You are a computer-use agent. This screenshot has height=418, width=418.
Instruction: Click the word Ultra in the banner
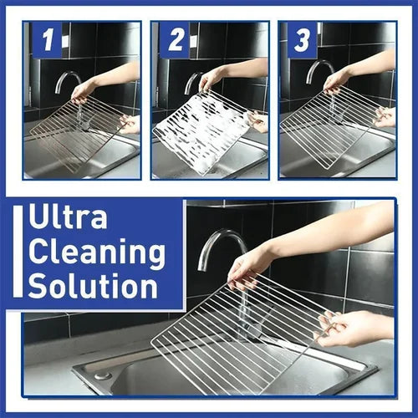(x=68, y=218)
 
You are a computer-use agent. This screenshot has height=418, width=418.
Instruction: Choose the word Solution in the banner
(x=92, y=285)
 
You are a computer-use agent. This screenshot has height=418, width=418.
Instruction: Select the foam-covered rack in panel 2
(x=201, y=130)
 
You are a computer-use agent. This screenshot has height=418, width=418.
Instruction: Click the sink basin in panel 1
(x=84, y=159)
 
